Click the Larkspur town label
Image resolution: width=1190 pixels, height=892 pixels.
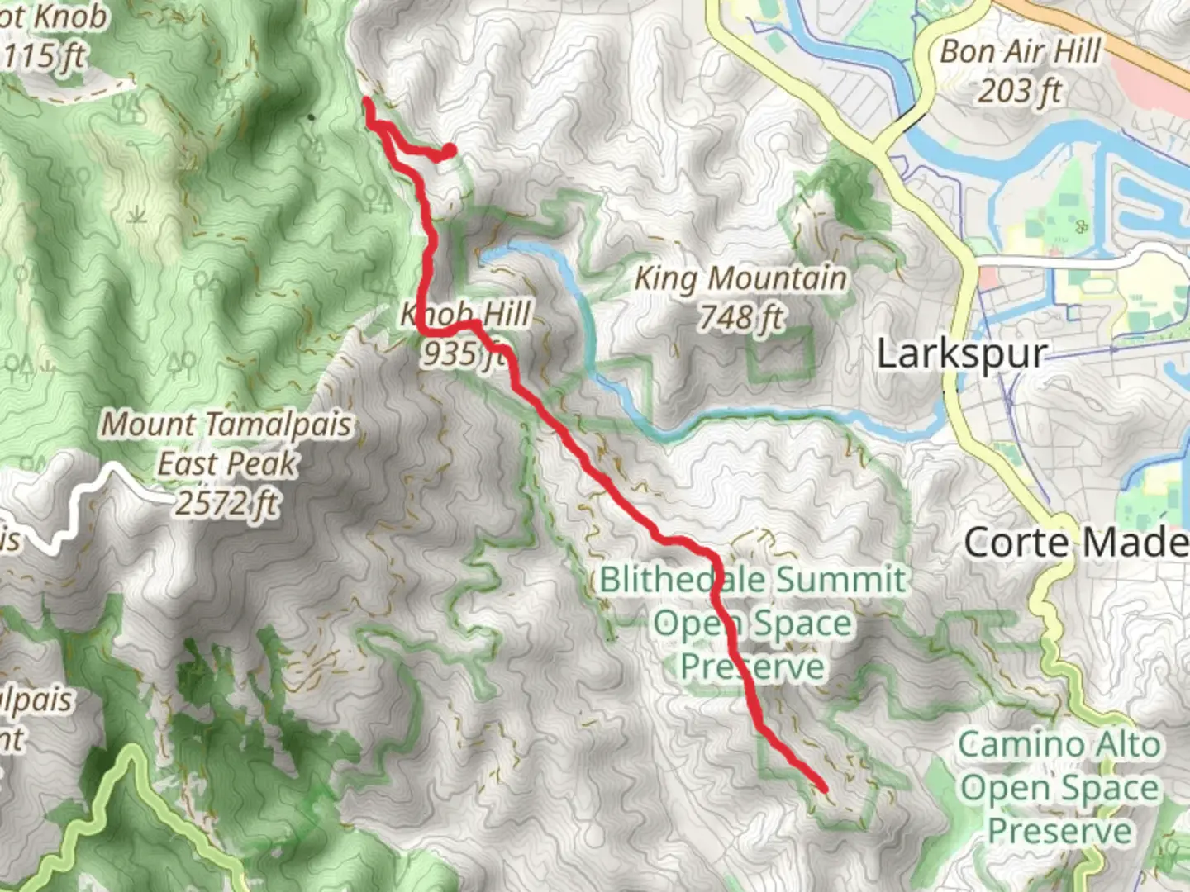click(961, 354)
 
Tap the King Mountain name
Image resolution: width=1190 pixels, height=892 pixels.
click(740, 278)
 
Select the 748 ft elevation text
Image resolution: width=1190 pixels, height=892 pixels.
click(740, 316)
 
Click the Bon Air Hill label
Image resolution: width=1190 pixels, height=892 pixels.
click(1021, 51)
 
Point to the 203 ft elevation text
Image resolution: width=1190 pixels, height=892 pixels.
click(1020, 90)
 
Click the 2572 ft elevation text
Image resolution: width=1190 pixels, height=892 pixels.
click(226, 502)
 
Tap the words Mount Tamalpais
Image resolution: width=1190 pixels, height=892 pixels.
click(226, 425)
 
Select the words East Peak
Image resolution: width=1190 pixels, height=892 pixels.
click(226, 463)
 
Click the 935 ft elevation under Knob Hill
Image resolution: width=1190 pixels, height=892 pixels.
click(463, 353)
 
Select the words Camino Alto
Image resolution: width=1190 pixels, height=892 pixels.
click(1059, 744)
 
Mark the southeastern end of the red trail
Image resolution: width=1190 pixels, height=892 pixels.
click(823, 787)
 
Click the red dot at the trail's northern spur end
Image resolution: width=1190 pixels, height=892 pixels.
click(449, 150)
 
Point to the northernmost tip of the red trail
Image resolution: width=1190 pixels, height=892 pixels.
click(366, 102)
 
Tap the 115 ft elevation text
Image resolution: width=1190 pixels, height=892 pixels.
click(45, 56)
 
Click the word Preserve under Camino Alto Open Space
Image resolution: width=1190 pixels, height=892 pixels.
click(1059, 830)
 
